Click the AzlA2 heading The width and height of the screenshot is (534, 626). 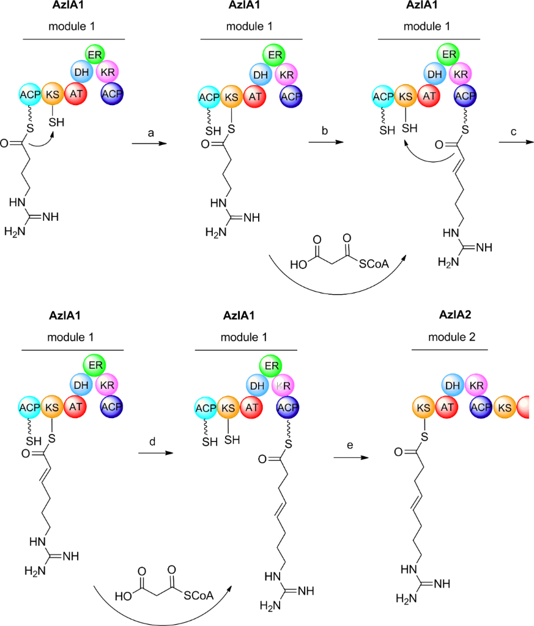[x=453, y=316]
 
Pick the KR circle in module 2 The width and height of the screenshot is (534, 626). [x=477, y=386]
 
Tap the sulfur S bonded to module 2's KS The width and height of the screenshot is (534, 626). [x=423, y=437]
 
